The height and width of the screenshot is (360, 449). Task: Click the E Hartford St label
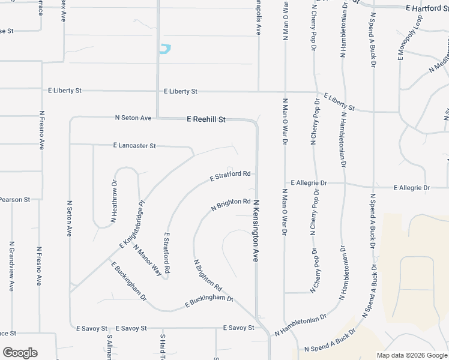tap(427, 9)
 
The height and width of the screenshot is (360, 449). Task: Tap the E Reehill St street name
tap(206, 119)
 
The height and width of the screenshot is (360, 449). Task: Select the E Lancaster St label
tap(134, 146)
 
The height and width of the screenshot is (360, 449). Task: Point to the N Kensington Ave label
tap(255, 230)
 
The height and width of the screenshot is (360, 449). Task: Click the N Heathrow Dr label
tap(113, 203)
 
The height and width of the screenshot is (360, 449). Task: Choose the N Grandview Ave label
tap(11, 266)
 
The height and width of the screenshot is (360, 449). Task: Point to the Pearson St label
tap(15, 199)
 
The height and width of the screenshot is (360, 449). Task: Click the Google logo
tap(19, 353)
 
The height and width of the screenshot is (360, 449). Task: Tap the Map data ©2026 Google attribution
tap(411, 355)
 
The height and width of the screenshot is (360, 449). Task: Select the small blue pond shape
tap(164, 49)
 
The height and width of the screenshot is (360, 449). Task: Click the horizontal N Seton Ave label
tap(133, 118)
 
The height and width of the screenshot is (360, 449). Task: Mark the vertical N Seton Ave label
tap(69, 218)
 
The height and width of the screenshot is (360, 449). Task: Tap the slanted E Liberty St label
tap(339, 102)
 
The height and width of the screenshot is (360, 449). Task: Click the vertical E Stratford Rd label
tap(166, 254)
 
